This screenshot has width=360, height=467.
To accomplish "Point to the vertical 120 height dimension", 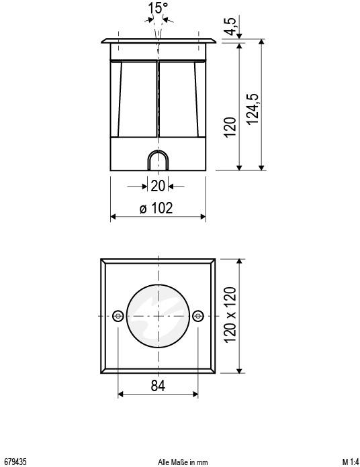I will pos(230,127).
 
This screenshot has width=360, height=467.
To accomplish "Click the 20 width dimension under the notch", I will pos(158,186).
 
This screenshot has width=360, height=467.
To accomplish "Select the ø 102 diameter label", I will pos(156,207).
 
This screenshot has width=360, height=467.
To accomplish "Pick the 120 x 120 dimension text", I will pos(230,315).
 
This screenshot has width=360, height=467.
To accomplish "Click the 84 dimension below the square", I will pos(158,386).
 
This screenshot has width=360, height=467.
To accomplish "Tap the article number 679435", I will pos(15,462).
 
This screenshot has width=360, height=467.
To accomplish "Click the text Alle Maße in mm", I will pos(183,462).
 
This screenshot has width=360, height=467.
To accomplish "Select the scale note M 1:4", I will pos(349,462).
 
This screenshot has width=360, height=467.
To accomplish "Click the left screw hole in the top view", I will pos(118,315).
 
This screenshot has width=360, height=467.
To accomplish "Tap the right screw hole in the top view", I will pos(197,315).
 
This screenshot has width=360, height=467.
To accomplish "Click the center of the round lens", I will pos(158,315).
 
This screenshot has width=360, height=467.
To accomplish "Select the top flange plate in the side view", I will pos(158,41).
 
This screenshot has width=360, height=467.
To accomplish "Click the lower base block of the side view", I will pos(128,155).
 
